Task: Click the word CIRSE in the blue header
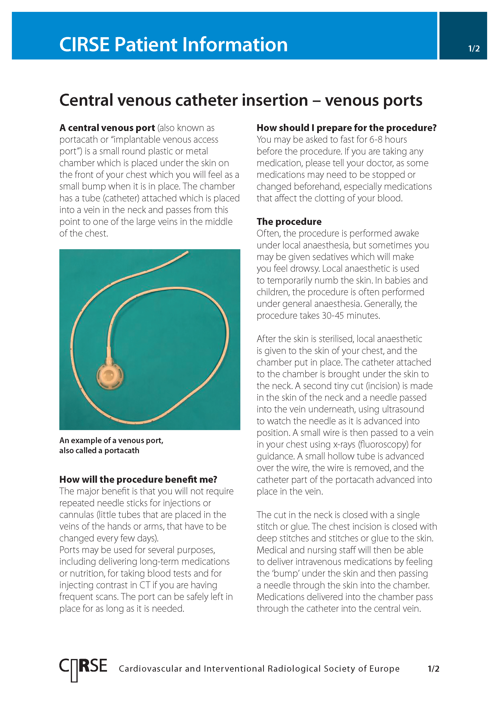[84, 45]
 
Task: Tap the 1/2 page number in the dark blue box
[473, 48]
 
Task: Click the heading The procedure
[289, 221]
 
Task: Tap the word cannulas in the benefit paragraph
[76, 515]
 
